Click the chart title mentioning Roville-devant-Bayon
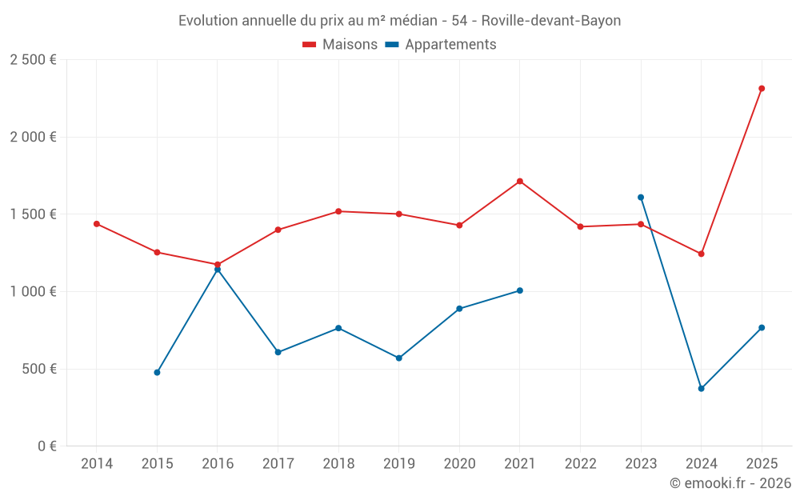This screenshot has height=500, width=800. click(x=399, y=21)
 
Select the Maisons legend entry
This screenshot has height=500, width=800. click(x=340, y=45)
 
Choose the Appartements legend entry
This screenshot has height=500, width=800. click(x=441, y=45)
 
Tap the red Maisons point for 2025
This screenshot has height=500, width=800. click(x=762, y=89)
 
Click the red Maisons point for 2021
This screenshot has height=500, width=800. click(x=520, y=182)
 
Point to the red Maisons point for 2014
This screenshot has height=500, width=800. click(x=97, y=224)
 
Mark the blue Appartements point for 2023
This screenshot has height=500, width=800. click(x=641, y=198)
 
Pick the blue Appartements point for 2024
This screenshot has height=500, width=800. click(x=702, y=389)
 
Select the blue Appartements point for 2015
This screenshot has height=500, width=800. click(x=157, y=373)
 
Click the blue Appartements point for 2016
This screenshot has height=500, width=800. click(x=218, y=270)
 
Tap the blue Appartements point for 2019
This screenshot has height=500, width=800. click(x=399, y=358)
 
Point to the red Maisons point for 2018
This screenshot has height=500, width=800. click(x=338, y=211)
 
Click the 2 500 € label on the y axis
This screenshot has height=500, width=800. click(x=33, y=60)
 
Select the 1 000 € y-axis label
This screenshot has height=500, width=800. click(x=33, y=292)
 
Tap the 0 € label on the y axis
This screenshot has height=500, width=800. click(x=45, y=446)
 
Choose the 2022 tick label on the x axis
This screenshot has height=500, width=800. click(x=581, y=464)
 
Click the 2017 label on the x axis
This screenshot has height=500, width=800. click(x=278, y=464)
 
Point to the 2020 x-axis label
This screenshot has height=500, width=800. click(x=459, y=464)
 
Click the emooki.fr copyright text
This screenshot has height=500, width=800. click(x=730, y=483)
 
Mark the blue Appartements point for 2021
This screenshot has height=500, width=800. click(x=520, y=291)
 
